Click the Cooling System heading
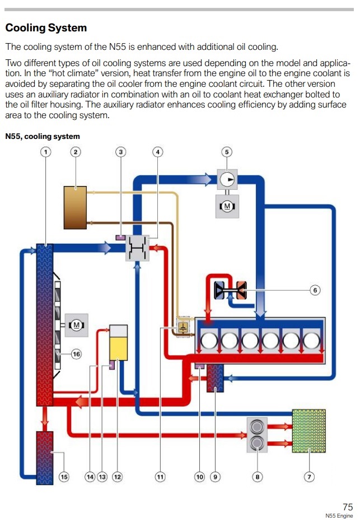[46, 27]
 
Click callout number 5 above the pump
[227, 152]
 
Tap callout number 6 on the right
[315, 290]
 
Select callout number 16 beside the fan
[77, 354]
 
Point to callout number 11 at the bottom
[160, 477]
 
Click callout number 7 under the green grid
[309, 477]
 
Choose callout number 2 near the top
[76, 152]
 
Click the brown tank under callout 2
[75, 208]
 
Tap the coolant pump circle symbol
[227, 179]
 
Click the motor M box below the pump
[227, 206]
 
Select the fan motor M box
[77, 325]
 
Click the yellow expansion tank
[119, 342]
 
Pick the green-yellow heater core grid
[308, 431]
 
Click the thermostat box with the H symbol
[137, 248]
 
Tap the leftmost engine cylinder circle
[209, 340]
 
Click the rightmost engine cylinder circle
[311, 340]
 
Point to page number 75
[348, 506]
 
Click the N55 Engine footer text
[339, 516]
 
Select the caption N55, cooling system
[43, 137]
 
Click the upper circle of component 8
[257, 427]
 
